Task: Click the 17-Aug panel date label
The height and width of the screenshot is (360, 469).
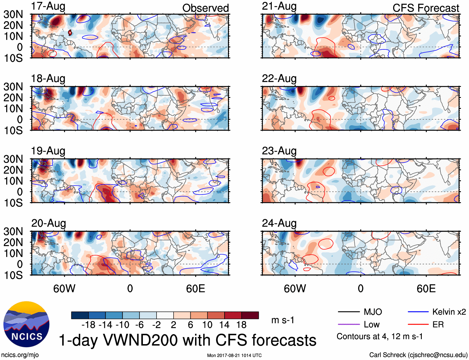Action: pyautogui.click(x=48, y=7)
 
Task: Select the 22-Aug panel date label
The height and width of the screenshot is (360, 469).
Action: pyautogui.click(x=279, y=79)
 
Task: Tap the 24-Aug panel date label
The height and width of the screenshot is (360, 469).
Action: pyautogui.click(x=279, y=223)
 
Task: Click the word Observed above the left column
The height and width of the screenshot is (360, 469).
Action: pyautogui.click(x=205, y=8)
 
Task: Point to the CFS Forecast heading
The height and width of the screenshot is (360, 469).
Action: pyautogui.click(x=426, y=8)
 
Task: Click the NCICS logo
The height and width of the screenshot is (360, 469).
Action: pyautogui.click(x=26, y=324)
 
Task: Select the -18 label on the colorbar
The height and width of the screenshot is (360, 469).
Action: pyautogui.click(x=89, y=325)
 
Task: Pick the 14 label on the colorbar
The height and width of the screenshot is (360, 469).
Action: pyautogui.click(x=224, y=325)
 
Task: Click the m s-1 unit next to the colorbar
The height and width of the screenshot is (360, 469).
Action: pyautogui.click(x=283, y=320)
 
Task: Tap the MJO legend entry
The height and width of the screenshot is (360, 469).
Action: pyautogui.click(x=373, y=312)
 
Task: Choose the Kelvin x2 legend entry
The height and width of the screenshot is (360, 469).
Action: pyautogui.click(x=449, y=312)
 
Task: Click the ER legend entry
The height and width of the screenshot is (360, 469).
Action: pyautogui.click(x=438, y=325)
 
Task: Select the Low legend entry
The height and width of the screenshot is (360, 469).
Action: pyautogui.click(x=371, y=325)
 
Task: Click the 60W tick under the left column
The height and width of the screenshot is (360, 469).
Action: pyautogui.click(x=64, y=288)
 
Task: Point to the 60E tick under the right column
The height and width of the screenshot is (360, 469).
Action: pyautogui.click(x=426, y=288)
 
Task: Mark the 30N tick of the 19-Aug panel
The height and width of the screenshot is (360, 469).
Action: pyautogui.click(x=13, y=159)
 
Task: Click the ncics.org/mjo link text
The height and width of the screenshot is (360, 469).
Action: pyautogui.click(x=20, y=355)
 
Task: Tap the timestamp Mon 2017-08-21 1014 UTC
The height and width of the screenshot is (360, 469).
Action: pyautogui.click(x=234, y=355)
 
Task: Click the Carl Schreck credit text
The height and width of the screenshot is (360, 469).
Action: pyautogui.click(x=418, y=355)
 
